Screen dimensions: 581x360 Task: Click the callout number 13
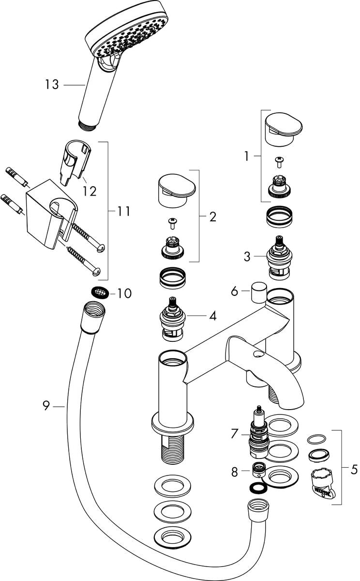tap(52, 85)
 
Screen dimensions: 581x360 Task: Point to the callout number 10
tap(124, 293)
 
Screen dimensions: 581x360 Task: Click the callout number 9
tap(46, 406)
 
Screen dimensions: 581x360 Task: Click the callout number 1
tap(247, 156)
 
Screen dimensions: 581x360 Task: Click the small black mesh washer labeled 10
tap(100, 292)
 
